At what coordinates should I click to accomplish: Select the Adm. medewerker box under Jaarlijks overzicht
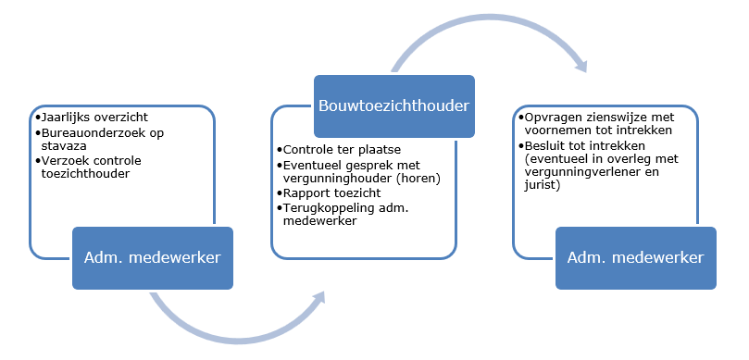[x=154, y=257]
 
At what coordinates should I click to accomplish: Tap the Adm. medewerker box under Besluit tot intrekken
[x=635, y=257]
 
